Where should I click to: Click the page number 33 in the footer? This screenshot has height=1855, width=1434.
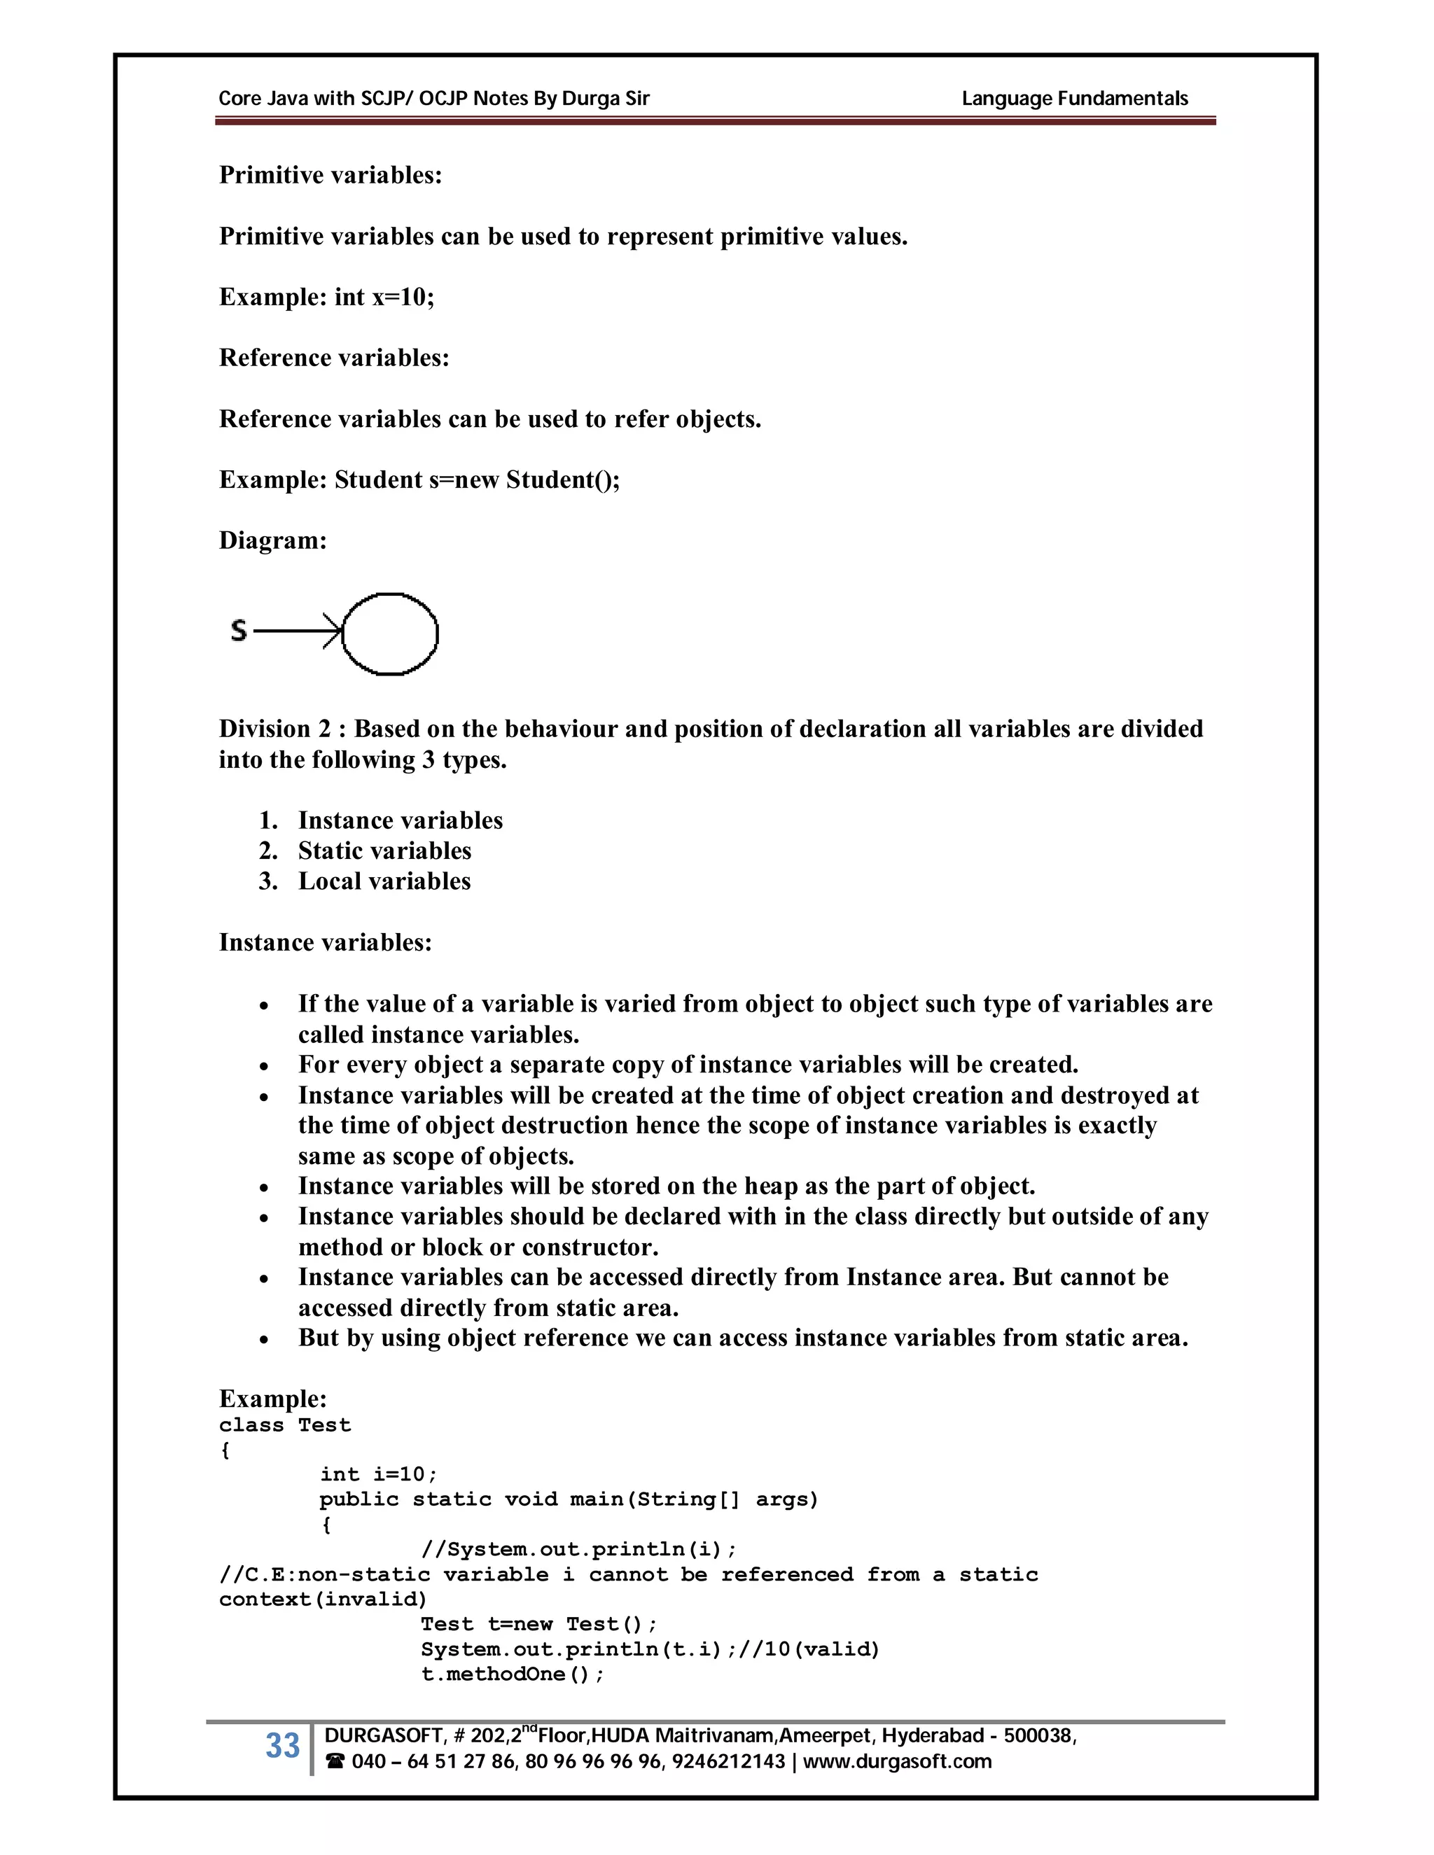pos(282,1745)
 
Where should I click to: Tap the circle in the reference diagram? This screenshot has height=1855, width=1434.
pos(390,633)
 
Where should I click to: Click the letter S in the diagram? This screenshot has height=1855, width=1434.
pos(239,630)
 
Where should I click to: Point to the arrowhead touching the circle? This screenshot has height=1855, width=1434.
pos(335,631)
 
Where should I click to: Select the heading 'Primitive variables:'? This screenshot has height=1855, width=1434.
pos(330,175)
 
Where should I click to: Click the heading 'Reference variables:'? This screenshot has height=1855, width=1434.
pos(334,358)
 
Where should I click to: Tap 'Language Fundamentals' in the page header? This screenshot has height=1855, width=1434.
pos(1074,99)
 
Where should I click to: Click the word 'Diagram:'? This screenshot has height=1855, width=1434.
pos(272,540)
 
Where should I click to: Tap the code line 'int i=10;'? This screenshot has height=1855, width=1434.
pos(378,1473)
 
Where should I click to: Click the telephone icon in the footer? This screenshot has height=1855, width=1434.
pos(335,1762)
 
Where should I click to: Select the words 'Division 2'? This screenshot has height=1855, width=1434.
pos(274,729)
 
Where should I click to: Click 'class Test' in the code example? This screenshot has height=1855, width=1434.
pos(284,1424)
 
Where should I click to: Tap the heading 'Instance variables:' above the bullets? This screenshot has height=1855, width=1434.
pos(326,942)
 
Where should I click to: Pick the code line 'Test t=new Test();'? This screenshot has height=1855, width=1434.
pos(538,1624)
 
